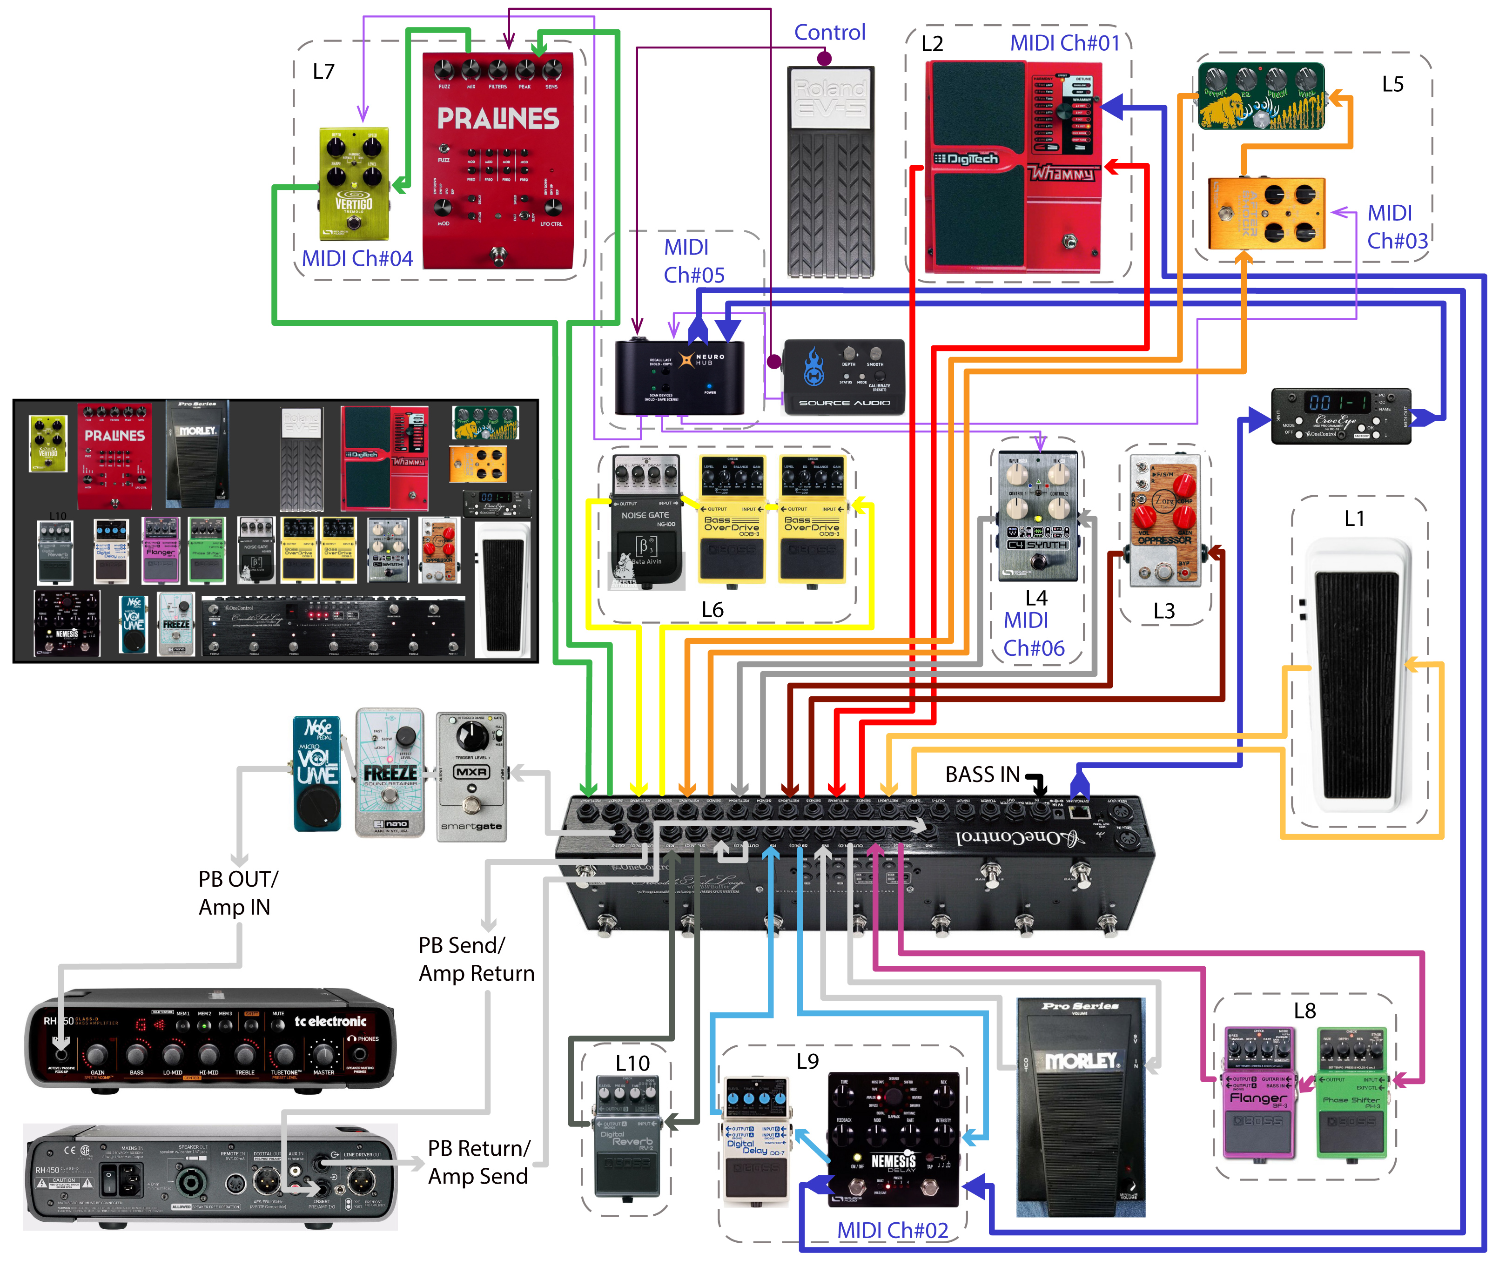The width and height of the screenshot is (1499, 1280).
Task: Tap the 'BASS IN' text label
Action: pyautogui.click(x=982, y=775)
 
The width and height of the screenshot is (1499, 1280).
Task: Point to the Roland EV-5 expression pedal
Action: pyautogui.click(x=831, y=171)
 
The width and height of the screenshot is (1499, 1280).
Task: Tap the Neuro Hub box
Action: pyautogui.click(x=679, y=377)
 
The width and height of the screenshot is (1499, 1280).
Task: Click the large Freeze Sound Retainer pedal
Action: pyautogui.click(x=390, y=773)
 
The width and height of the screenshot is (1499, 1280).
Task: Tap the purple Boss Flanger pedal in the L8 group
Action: pyautogui.click(x=1259, y=1092)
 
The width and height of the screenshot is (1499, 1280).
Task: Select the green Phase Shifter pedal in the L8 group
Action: pyautogui.click(x=1351, y=1092)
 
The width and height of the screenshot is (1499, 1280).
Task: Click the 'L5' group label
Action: pyautogui.click(x=1392, y=85)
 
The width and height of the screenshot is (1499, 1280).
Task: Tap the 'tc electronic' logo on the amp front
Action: pyautogui.click(x=330, y=1021)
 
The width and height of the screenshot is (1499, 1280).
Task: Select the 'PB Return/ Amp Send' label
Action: pyautogui.click(x=478, y=1162)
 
